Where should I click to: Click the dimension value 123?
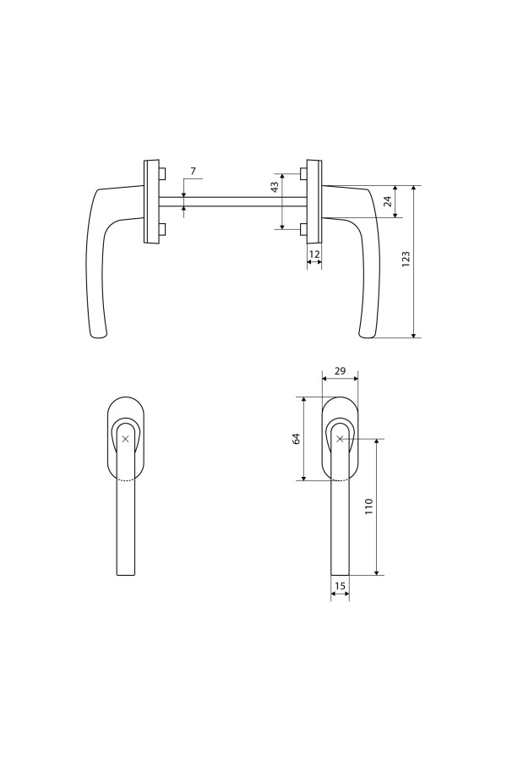point(406,260)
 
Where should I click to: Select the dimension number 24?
point(386,201)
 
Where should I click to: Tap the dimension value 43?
point(274,188)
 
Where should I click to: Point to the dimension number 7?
point(193,172)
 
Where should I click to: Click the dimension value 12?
point(313,254)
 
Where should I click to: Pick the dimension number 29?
point(340,371)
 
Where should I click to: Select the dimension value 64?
point(297,439)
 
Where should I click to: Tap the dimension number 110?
point(368,507)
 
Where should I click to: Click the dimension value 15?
point(340,585)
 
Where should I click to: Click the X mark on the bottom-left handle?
point(125,439)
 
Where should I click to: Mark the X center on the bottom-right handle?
point(340,439)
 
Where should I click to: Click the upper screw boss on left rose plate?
point(161,174)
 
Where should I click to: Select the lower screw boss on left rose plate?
point(161,228)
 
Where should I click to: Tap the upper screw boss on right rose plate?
point(303,174)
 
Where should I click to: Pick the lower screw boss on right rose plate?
point(303,228)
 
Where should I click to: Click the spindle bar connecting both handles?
point(232,201)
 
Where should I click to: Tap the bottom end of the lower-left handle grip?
point(125,573)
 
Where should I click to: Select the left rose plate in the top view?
point(151,201)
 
